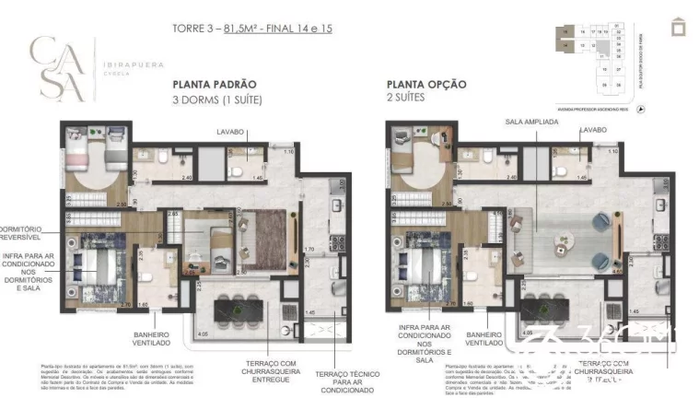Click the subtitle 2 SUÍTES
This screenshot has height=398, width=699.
pyautogui.click(x=406, y=98)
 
